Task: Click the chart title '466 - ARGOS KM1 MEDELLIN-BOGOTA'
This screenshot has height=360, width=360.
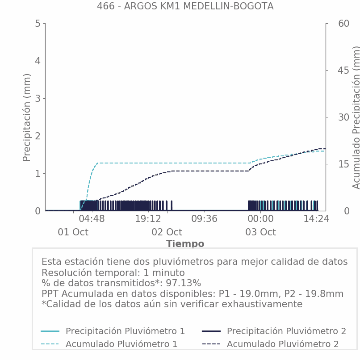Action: (x=185, y=6)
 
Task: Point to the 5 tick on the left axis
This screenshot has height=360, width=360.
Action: (x=38, y=24)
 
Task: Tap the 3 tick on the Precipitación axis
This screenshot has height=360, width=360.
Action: (x=38, y=98)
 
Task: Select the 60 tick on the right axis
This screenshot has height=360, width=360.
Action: (x=331, y=24)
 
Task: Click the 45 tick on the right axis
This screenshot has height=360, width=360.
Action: (x=331, y=70)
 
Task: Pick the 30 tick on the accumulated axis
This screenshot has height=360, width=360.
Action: (x=331, y=117)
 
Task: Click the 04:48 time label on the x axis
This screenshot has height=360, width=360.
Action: (x=92, y=219)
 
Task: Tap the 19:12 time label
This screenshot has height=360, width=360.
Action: (x=148, y=219)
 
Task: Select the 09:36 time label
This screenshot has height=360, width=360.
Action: (x=204, y=219)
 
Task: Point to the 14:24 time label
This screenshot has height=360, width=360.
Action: (x=316, y=219)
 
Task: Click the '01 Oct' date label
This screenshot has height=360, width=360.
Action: (x=73, y=232)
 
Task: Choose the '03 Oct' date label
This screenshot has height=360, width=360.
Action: (x=260, y=232)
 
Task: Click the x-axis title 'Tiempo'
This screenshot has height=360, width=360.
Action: (x=185, y=244)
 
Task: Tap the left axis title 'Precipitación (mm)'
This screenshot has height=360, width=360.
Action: (x=27, y=117)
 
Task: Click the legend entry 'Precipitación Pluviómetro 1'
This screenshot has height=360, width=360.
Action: (x=125, y=331)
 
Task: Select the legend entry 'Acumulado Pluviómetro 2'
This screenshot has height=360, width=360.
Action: (x=282, y=344)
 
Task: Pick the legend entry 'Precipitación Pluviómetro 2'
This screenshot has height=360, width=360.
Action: (x=286, y=331)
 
